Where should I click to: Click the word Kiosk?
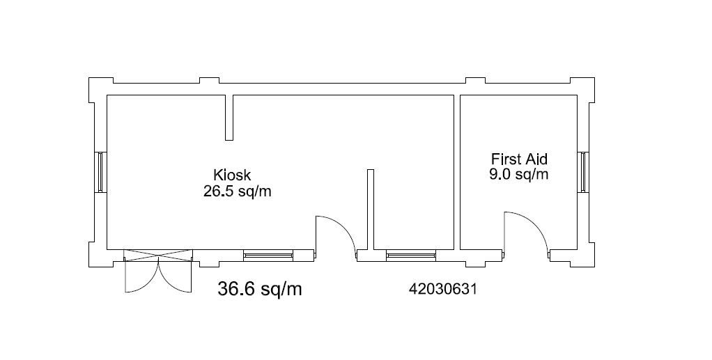[x=232, y=175]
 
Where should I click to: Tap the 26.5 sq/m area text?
[x=237, y=191]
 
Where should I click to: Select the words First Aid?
[x=520, y=159]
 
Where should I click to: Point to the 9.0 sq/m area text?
[x=518, y=175]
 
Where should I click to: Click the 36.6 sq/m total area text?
[x=260, y=289]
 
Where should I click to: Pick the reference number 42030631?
[x=443, y=289]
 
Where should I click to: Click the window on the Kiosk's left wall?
[x=101, y=172]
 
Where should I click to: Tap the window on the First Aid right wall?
[x=584, y=172]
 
